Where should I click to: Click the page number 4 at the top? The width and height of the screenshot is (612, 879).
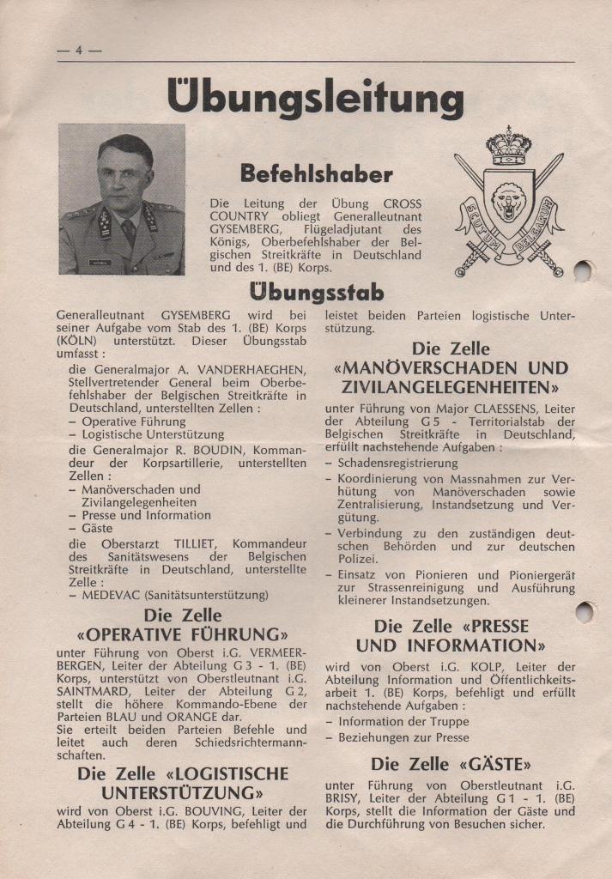(78, 50)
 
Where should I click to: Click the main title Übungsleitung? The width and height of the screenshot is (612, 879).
(316, 97)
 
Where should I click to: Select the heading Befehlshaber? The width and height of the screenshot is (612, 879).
(316, 173)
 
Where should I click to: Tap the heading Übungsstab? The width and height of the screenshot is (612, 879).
(316, 292)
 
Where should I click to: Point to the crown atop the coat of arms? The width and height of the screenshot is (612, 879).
(509, 146)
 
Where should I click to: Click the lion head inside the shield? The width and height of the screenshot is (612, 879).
(508, 200)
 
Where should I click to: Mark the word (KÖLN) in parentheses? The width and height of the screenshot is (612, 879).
(78, 342)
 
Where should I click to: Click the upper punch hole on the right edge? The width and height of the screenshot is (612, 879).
(583, 271)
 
